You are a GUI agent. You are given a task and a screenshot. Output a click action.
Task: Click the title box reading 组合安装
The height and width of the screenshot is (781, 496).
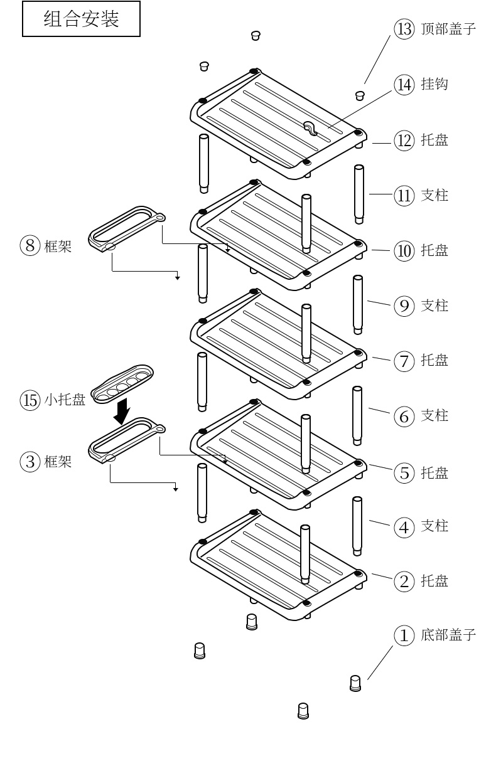tap(81, 19)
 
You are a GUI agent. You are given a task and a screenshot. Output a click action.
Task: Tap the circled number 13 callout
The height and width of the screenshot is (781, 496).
tap(404, 29)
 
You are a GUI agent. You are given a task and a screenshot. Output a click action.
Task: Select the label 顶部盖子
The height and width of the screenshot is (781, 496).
tap(448, 29)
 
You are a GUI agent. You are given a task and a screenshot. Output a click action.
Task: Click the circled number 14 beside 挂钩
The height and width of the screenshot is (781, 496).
tap(404, 84)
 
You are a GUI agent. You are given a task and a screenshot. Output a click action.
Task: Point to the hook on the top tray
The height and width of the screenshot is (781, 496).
tap(310, 128)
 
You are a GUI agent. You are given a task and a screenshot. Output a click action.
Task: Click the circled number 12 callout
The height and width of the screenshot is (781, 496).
tap(404, 140)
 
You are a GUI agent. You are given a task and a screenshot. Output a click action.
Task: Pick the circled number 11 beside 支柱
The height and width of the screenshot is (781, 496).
tap(404, 195)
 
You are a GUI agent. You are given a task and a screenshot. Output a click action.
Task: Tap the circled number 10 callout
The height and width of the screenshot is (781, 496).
tap(404, 251)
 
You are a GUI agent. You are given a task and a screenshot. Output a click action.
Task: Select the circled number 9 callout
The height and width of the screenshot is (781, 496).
tap(404, 305)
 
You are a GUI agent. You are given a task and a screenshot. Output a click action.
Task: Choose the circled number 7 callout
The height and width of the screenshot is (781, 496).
tap(404, 361)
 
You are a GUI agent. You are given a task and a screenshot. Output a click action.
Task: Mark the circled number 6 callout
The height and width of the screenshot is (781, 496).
tap(404, 416)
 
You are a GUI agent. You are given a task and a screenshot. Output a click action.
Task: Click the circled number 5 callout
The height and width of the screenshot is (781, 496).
tap(404, 472)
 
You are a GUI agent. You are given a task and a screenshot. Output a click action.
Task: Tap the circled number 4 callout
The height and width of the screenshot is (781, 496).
tap(404, 527)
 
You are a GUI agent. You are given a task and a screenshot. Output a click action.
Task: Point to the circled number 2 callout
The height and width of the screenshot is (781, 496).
tap(404, 581)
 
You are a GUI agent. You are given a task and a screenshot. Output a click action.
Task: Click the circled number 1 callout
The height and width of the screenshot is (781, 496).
tap(404, 635)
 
